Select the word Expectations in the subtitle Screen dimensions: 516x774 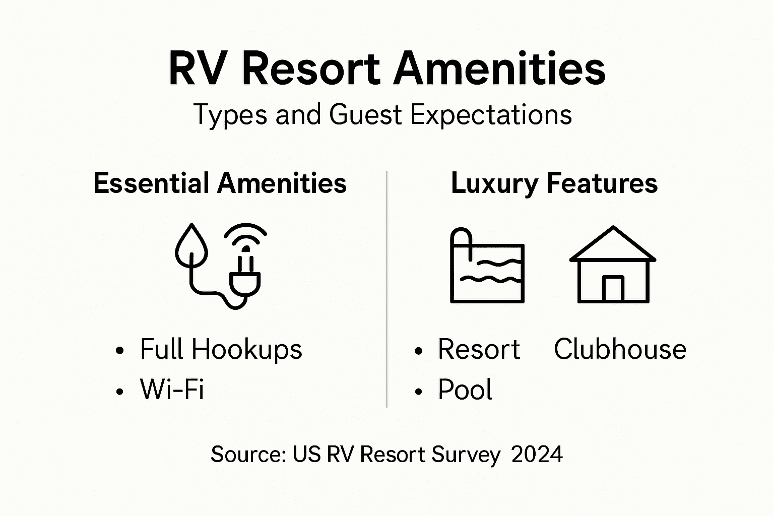coord(491,115)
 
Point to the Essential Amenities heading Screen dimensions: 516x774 coord(220,183)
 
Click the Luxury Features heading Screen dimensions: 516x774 coord(554,183)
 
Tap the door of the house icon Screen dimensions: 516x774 coord(613,289)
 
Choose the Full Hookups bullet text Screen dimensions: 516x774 coord(221,349)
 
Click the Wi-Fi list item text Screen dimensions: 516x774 coord(172,390)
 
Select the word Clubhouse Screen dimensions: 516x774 coord(620,349)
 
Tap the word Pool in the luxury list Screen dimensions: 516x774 coord(465,390)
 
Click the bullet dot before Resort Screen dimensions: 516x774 coord(418,351)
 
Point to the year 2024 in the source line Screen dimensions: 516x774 coord(537,455)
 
